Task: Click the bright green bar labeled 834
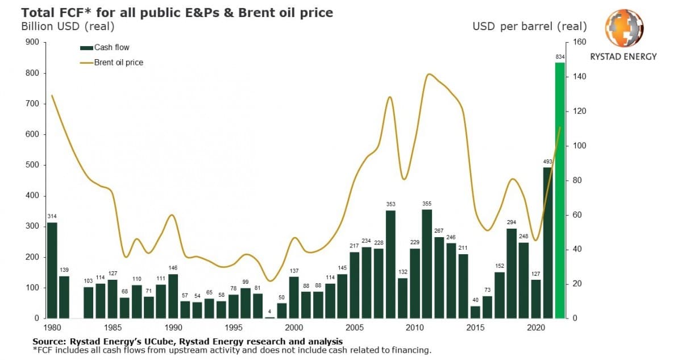pos(560,191)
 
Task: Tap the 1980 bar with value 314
pos(52,270)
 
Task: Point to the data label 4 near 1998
pos(270,312)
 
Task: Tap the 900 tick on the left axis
pos(32,42)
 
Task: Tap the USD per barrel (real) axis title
pos(529,26)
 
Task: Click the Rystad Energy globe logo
pos(623,28)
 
